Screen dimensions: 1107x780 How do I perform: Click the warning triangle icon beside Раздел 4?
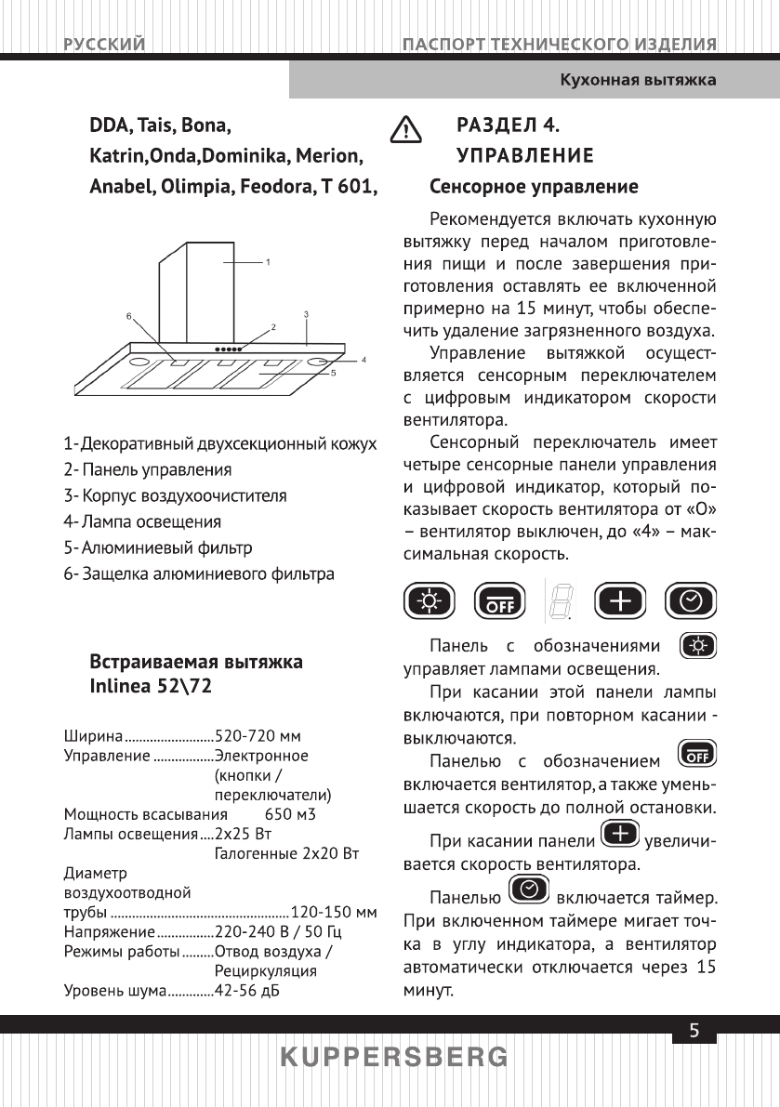coord(404,130)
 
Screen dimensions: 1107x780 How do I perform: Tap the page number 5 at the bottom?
coord(694,1031)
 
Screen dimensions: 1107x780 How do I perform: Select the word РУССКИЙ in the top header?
coord(104,44)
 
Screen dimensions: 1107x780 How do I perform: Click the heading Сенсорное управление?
coord(533,187)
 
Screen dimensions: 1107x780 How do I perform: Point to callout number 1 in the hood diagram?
coord(268,262)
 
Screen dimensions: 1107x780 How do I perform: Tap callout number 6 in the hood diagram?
coord(129,316)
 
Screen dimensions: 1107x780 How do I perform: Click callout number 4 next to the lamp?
coord(364,358)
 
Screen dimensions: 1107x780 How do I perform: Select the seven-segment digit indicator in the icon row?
coord(560,603)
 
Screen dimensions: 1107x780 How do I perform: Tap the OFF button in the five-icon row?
coord(500,603)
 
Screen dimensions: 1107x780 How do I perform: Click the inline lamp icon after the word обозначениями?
coord(699,645)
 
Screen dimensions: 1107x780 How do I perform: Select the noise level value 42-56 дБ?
coord(247,989)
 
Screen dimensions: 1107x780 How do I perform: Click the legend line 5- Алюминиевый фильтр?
coord(158,547)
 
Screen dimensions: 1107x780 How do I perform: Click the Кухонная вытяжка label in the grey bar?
coord(637,80)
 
